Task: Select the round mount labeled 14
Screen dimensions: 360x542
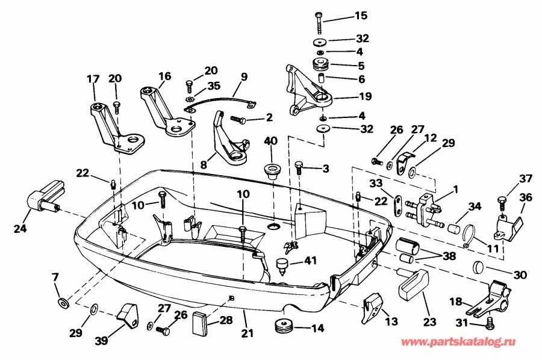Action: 284,327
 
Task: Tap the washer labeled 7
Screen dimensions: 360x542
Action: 61,300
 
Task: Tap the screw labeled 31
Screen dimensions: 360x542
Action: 489,324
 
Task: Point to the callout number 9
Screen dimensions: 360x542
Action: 244,76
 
